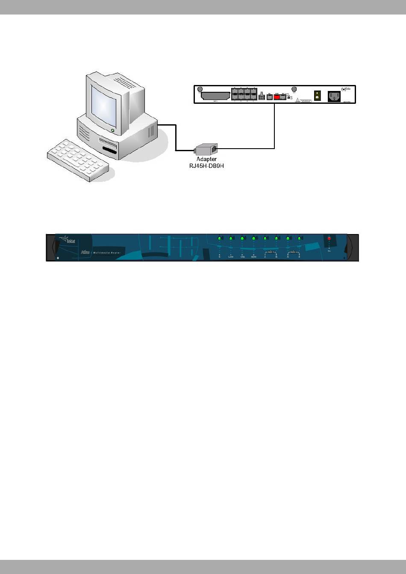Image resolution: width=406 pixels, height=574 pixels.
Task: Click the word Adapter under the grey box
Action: coord(206,159)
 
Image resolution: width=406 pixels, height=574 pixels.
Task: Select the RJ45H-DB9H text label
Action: coord(206,166)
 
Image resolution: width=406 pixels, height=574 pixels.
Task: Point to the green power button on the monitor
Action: coord(112,130)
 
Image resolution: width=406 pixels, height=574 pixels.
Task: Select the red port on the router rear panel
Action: coord(277,97)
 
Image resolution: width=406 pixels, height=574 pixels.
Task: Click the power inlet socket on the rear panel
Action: coord(334,97)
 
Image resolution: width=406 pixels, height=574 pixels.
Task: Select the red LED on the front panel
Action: coord(329,238)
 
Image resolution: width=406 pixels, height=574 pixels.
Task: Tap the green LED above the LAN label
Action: coord(231,238)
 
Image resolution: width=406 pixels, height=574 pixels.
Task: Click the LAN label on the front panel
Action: coord(231,257)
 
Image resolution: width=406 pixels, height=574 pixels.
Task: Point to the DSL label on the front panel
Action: coord(242,257)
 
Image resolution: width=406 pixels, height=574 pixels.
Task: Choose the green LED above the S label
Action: coord(219,238)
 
